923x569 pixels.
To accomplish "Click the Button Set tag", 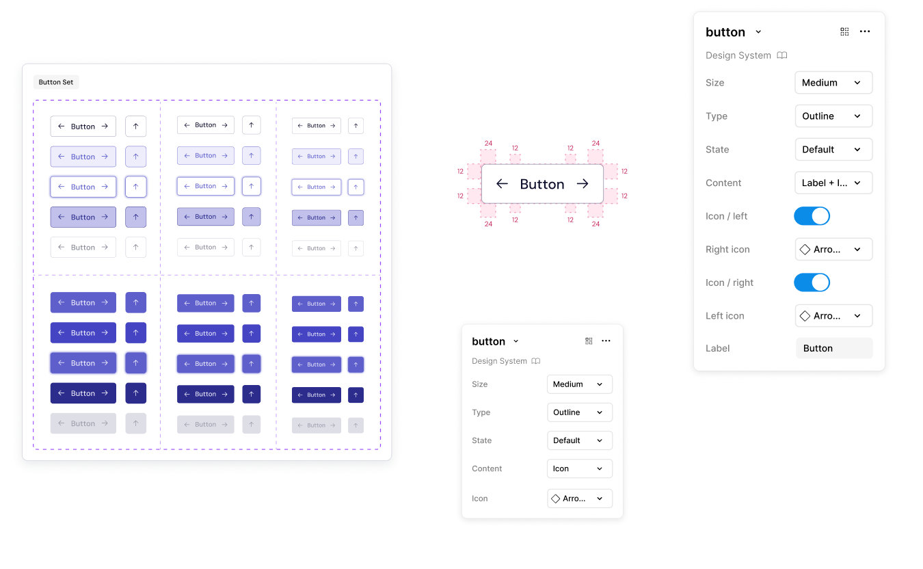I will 56,82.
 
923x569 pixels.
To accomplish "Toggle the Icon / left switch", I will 812,216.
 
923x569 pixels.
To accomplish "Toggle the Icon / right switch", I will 812,282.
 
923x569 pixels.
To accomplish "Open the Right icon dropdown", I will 833,250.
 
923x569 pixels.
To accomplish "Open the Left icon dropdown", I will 833,316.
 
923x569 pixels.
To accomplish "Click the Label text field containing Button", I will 834,348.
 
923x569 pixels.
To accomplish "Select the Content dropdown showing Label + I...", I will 833,183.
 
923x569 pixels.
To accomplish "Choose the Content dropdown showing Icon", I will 579,468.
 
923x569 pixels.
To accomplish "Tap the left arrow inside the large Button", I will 502,184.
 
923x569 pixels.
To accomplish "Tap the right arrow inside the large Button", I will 583,184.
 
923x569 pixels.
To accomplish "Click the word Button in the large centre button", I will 542,184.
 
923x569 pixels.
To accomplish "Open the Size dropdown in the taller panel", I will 833,83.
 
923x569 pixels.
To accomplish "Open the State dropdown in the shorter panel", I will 579,440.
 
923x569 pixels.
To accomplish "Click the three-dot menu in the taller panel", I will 865,32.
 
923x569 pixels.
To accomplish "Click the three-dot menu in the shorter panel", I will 606,341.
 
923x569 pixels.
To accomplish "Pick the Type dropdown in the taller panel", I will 833,116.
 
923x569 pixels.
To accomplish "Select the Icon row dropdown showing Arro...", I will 579,499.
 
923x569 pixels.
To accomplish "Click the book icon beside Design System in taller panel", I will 782,55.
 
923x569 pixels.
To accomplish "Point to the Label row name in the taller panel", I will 717,348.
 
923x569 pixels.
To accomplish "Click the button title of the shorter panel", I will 489,341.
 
